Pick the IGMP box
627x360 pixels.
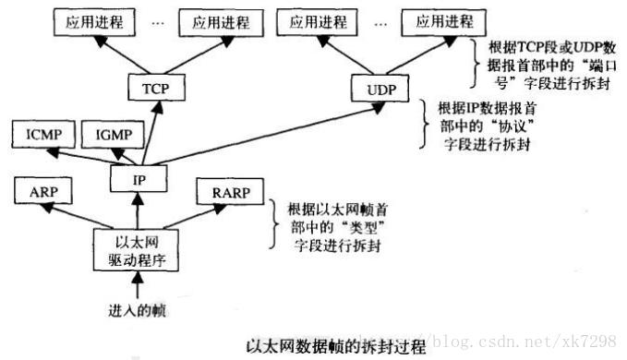point(112,137)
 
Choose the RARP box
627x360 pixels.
point(224,194)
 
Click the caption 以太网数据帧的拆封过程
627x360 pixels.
point(336,348)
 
